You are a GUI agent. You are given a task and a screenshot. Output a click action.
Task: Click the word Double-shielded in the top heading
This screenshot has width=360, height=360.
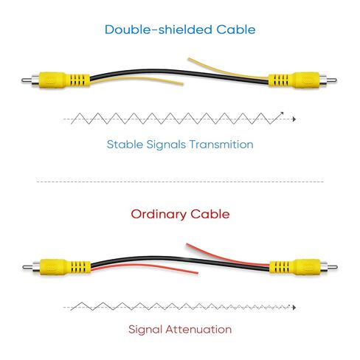159,30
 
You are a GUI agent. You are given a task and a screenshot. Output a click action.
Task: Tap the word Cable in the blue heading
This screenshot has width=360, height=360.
236,30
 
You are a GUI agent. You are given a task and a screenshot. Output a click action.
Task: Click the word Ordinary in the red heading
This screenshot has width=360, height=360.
159,215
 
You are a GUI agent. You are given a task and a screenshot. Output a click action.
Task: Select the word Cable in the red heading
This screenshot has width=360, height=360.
210,214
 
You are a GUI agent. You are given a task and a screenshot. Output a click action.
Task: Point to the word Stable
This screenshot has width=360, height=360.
125,144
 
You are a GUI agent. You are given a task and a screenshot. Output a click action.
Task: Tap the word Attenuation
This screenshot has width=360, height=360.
198,329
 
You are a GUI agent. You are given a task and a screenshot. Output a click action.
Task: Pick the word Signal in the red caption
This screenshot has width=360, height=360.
145,330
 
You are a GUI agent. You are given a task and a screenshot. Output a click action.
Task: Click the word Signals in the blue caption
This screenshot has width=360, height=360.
166,145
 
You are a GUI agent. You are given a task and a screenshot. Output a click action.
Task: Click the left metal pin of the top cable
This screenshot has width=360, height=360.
27,80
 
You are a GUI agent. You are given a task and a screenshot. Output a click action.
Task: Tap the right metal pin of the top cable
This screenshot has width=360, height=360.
331,80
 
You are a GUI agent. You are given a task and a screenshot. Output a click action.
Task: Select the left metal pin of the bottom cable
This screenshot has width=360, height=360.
27,267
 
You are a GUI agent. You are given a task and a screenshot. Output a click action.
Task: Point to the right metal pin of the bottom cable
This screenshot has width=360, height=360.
332,267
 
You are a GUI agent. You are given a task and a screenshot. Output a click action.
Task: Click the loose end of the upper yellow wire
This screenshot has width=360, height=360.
189,59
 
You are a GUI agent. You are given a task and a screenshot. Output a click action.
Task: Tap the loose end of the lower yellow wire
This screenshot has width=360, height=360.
182,84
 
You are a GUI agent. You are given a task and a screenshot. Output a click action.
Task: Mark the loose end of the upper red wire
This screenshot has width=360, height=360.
187,245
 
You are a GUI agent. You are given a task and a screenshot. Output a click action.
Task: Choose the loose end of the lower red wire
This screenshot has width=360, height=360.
197,273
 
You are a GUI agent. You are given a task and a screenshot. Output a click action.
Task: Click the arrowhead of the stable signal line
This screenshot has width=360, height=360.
294,120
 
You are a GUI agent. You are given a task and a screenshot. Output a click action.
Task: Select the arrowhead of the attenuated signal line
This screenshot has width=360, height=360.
294,308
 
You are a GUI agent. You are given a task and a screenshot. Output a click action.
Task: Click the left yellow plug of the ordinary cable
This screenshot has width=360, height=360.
65,267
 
